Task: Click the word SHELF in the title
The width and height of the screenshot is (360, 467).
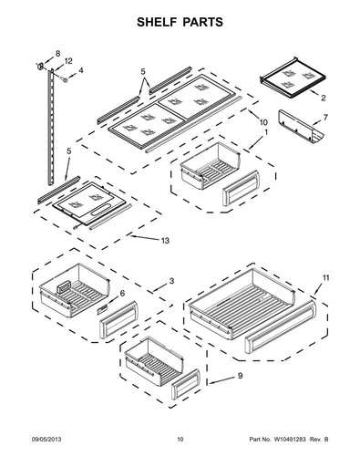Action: point(156,22)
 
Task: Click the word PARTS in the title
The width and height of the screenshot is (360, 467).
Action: point(202,22)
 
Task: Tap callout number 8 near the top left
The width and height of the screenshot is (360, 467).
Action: point(57,53)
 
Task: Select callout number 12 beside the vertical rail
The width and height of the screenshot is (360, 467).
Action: point(68,61)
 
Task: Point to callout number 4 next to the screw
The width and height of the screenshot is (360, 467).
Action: point(80,70)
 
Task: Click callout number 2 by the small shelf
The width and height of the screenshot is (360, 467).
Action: point(323,98)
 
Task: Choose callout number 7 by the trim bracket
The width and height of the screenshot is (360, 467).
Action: point(325,118)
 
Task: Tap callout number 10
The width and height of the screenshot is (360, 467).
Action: point(263,122)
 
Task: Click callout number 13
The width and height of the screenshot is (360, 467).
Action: point(165,241)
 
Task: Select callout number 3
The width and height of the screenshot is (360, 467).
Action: point(171,281)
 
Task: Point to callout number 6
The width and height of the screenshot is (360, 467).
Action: point(122,294)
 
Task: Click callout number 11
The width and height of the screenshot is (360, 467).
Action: point(325,278)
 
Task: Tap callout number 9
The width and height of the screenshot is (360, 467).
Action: point(240,376)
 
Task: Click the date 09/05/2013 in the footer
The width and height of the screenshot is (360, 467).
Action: point(46,440)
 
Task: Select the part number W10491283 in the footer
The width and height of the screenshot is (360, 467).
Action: point(290,440)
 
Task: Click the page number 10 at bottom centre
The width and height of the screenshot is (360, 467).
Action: point(180,440)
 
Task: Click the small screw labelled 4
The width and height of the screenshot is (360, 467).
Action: point(65,79)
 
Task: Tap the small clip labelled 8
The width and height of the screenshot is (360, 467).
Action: point(40,66)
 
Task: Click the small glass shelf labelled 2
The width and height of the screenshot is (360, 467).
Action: point(293,78)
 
